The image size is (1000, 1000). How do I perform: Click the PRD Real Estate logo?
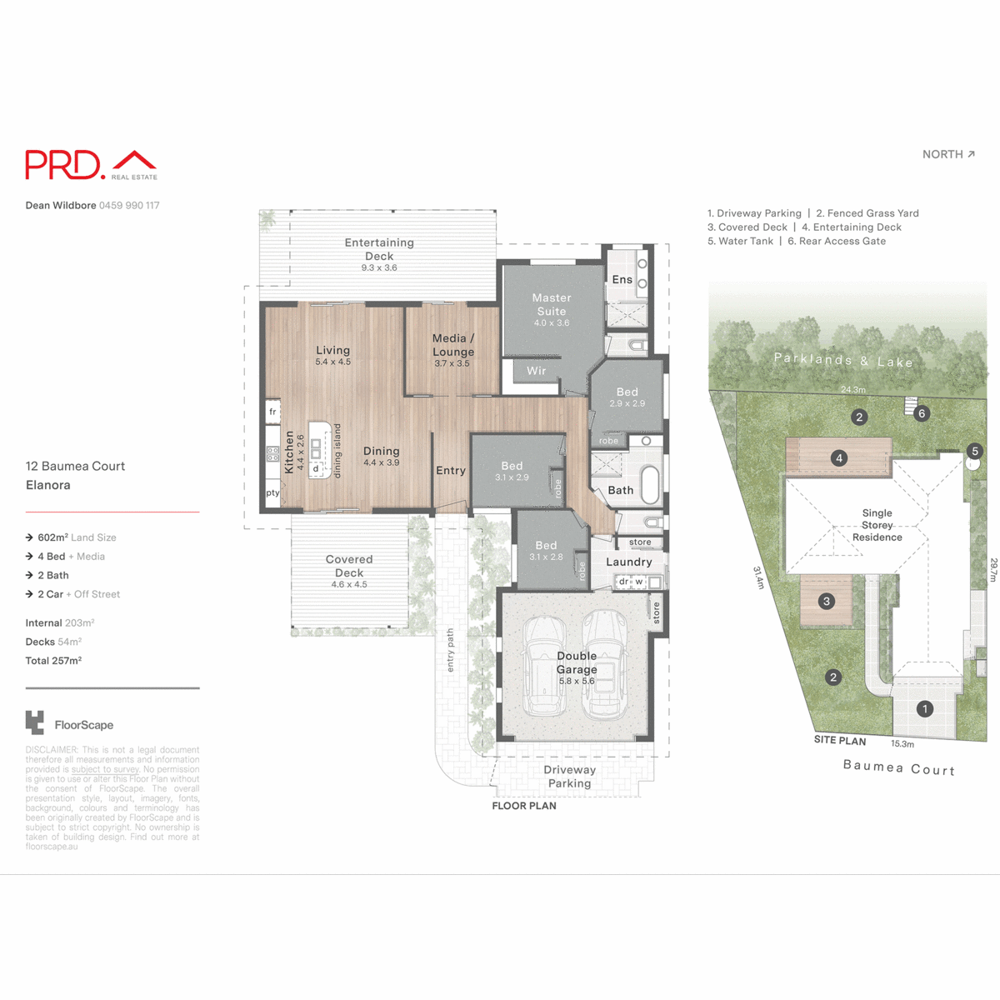91,165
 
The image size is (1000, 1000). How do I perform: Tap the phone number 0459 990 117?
129,205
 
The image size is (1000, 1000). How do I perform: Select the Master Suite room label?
552,304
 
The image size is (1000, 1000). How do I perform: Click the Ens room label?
622,280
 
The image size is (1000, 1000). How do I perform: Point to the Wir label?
536,371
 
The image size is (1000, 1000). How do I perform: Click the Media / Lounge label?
452,345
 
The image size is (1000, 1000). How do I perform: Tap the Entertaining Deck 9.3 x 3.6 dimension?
379,268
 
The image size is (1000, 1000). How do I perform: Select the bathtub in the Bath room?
649,484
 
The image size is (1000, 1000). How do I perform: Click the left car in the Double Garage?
543,667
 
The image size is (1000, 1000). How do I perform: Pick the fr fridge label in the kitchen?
272,412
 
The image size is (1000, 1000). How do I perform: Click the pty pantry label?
272,493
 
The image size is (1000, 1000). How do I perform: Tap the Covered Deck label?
349,566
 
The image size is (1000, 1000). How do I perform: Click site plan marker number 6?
922,413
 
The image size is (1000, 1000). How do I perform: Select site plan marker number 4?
839,457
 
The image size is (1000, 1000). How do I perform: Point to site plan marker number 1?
924,709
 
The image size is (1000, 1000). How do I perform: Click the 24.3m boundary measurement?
852,389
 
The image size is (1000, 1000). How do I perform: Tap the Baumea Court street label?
898,767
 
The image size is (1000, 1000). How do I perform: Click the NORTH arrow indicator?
948,154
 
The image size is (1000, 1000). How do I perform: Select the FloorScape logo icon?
35,722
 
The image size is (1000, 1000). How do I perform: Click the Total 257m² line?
53,661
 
